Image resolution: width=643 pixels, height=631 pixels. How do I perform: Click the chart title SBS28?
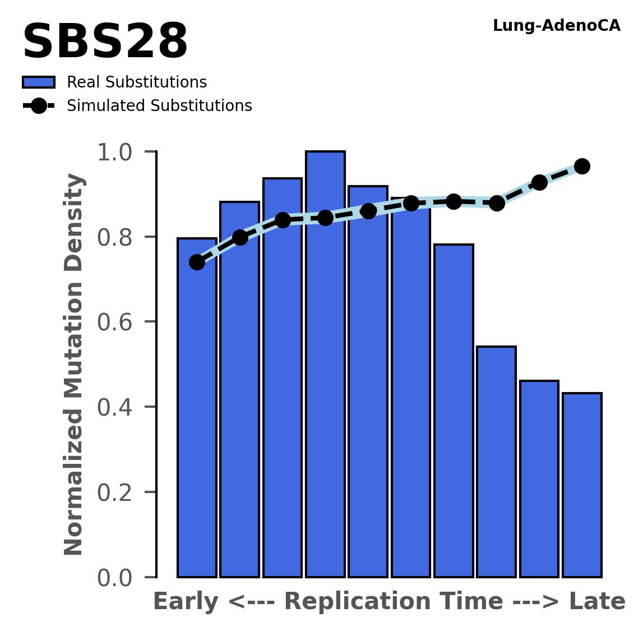tap(105, 43)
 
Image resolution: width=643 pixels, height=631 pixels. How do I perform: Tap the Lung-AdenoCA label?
tap(556, 26)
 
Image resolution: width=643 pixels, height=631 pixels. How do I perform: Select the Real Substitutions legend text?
tap(137, 82)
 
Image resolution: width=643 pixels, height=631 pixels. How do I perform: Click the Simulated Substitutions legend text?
tap(159, 106)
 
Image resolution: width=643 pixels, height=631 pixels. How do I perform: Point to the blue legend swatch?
tap(38, 82)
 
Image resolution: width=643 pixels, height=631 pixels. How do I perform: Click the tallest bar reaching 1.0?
tap(325, 365)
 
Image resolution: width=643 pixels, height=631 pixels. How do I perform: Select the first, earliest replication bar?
tap(197, 409)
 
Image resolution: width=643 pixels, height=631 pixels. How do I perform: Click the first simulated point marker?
tap(197, 262)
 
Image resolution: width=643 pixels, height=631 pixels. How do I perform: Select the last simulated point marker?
tap(582, 166)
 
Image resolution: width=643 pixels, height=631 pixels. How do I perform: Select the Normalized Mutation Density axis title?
tap(74, 365)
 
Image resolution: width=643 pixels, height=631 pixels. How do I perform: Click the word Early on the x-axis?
tap(186, 602)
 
